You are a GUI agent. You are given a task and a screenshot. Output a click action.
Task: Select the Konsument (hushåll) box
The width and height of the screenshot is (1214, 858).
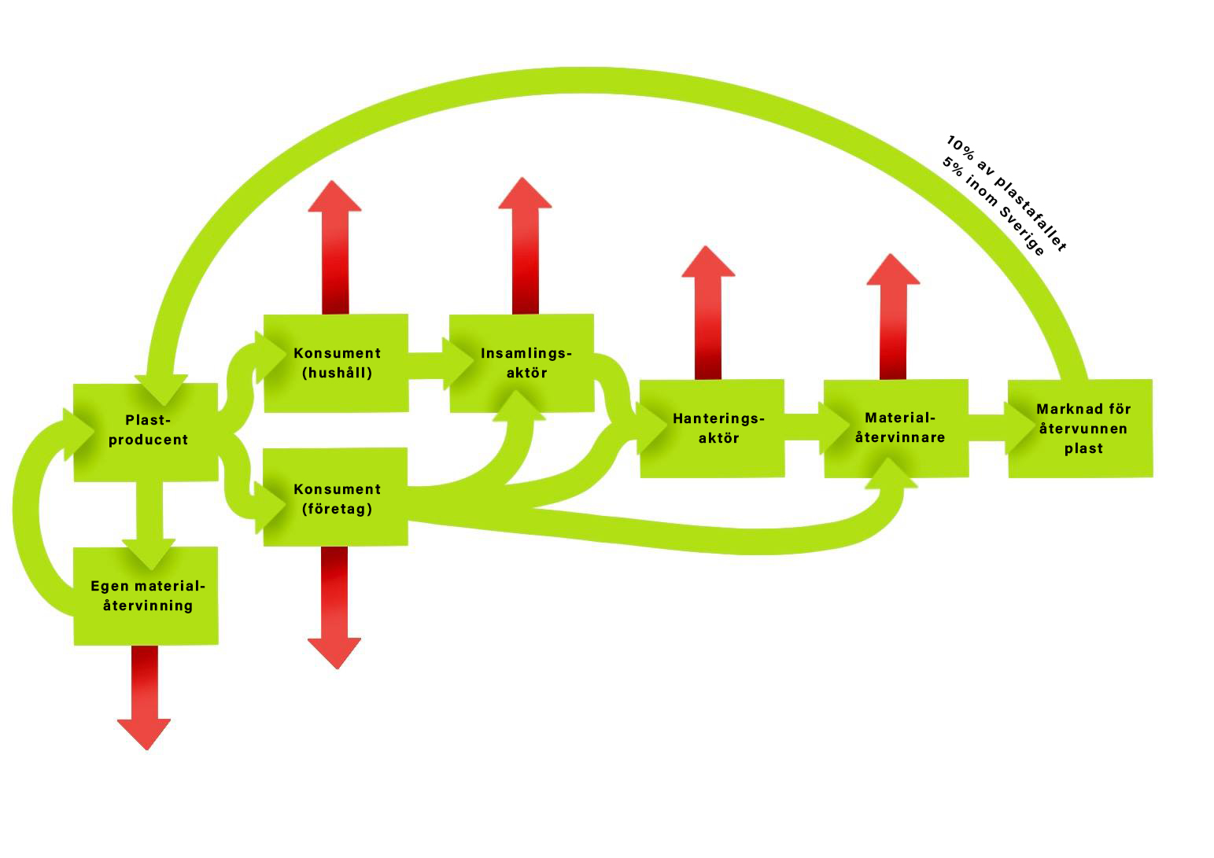coord(336,363)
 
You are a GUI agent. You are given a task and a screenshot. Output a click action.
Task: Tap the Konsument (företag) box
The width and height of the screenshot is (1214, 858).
coord(336,499)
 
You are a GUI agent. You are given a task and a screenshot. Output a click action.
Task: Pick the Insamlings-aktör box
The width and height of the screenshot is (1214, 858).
coord(525,363)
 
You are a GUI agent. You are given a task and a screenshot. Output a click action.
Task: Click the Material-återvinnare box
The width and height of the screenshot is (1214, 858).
coord(899,428)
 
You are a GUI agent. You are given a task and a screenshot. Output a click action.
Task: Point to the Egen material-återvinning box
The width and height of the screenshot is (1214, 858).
coord(146,596)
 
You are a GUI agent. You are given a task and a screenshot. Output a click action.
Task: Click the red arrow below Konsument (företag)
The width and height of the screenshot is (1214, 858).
coord(334,606)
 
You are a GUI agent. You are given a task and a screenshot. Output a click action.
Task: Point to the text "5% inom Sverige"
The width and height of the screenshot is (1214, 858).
coord(993,207)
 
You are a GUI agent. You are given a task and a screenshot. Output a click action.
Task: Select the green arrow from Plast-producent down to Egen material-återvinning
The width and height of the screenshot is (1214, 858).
coord(149,515)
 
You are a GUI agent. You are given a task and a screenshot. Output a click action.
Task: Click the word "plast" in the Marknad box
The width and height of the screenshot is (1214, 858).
coord(1083,449)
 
